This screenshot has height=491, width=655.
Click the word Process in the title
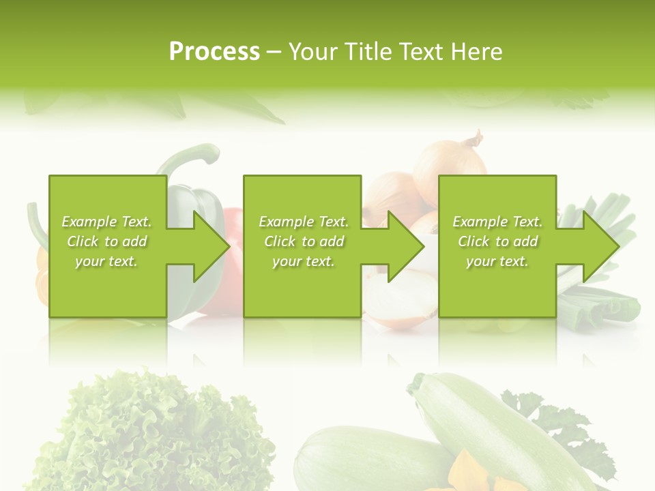[214, 52]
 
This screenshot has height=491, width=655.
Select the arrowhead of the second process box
[405, 246]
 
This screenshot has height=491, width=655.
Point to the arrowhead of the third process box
[600, 246]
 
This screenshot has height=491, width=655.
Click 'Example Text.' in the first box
[106, 222]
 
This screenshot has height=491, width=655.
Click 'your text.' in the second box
[304, 261]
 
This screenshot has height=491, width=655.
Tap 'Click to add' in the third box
[498, 241]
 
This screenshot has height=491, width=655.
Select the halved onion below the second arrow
[399, 300]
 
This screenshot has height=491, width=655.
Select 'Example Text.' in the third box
[498, 222]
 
